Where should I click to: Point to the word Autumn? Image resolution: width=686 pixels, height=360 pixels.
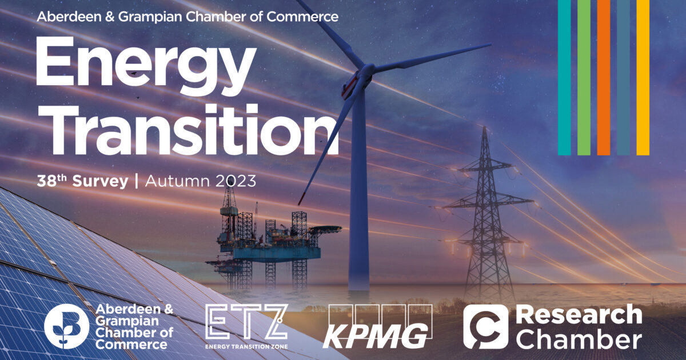(x=174, y=182)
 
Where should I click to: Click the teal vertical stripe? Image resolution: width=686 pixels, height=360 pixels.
(x=564, y=77)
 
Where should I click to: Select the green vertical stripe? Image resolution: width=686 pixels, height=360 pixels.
(x=584, y=77)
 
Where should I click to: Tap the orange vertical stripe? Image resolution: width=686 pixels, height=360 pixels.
(x=604, y=77)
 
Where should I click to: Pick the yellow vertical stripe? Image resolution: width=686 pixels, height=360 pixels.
(x=643, y=77)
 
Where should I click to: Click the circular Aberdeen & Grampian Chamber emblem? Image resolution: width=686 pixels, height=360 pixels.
(x=67, y=326)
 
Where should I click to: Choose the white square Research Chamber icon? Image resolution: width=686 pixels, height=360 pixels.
(x=485, y=326)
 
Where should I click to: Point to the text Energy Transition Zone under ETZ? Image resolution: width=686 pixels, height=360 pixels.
(x=246, y=346)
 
